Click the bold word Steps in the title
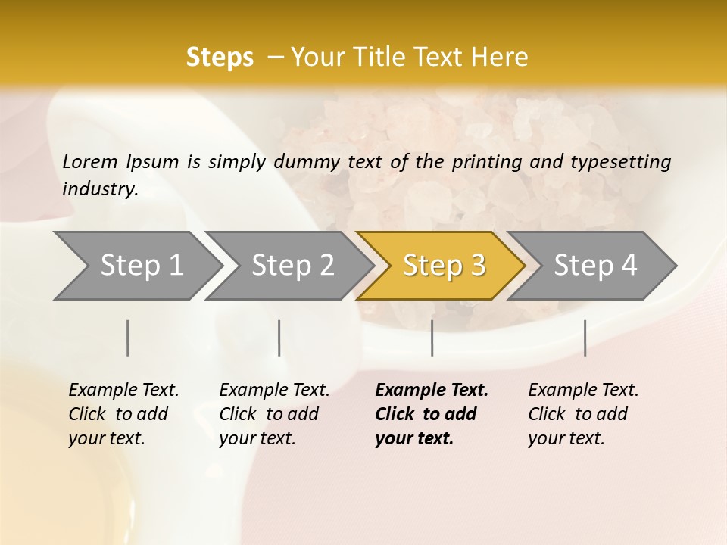(x=220, y=58)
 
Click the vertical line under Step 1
(x=128, y=338)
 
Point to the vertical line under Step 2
(x=279, y=338)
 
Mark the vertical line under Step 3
(x=432, y=338)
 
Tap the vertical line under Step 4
(x=585, y=338)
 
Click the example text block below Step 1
(x=123, y=414)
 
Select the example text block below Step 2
(x=274, y=414)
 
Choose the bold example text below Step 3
(x=431, y=414)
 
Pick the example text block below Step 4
(x=583, y=414)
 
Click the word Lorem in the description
(x=90, y=161)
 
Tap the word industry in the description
(x=100, y=189)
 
